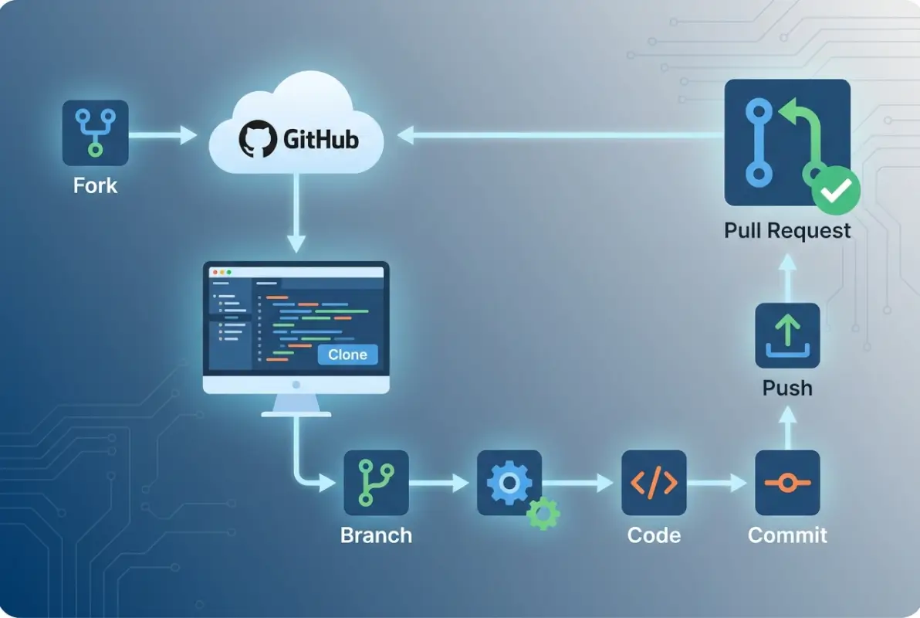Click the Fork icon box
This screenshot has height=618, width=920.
95,133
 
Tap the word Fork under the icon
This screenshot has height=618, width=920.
95,185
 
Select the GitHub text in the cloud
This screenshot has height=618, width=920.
320,140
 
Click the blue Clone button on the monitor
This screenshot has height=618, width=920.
347,355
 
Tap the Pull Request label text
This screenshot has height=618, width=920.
787,230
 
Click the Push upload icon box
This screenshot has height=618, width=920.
787,335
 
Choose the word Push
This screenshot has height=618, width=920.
787,388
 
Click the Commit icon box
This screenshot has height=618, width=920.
787,483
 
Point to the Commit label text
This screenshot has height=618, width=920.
787,535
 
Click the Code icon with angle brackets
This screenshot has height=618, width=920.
654,483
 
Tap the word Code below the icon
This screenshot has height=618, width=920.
654,535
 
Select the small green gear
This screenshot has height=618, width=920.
543,513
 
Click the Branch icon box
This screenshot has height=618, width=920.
376,483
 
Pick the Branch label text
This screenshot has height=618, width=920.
376,535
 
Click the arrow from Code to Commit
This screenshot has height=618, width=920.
718,484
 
